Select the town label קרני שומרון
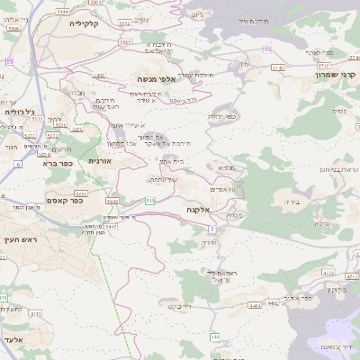click(335, 74)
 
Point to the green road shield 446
click(214, 337)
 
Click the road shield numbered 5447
click(112, 228)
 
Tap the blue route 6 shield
click(18, 165)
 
